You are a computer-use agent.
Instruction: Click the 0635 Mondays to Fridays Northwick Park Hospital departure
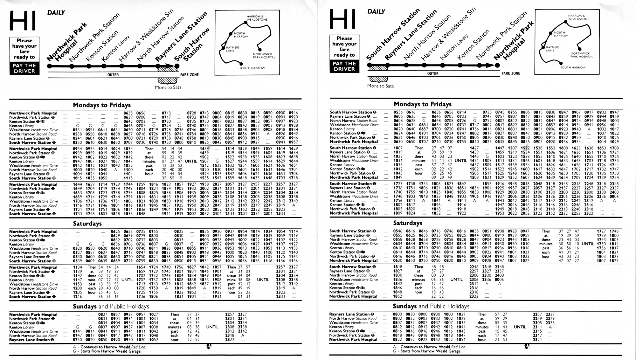pos(128,113)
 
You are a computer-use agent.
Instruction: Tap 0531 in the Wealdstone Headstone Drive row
pos(77,130)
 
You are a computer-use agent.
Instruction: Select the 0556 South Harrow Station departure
pos(398,112)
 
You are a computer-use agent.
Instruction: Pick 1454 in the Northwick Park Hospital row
pos(204,149)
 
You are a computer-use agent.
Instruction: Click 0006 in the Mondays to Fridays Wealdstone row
pos(614,196)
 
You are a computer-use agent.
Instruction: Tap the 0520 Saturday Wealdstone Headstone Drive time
pos(77,248)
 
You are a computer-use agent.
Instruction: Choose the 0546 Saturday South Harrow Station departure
pos(397,231)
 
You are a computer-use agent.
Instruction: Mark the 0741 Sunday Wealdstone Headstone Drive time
pos(77,331)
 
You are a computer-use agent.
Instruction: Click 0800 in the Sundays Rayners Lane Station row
pos(397,314)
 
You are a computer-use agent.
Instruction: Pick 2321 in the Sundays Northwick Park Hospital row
pos(537,339)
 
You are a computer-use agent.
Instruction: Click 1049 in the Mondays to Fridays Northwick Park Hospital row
pos(398,177)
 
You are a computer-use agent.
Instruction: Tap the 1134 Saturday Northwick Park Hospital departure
pos(77,267)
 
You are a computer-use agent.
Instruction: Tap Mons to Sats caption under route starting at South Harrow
pos(380,86)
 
